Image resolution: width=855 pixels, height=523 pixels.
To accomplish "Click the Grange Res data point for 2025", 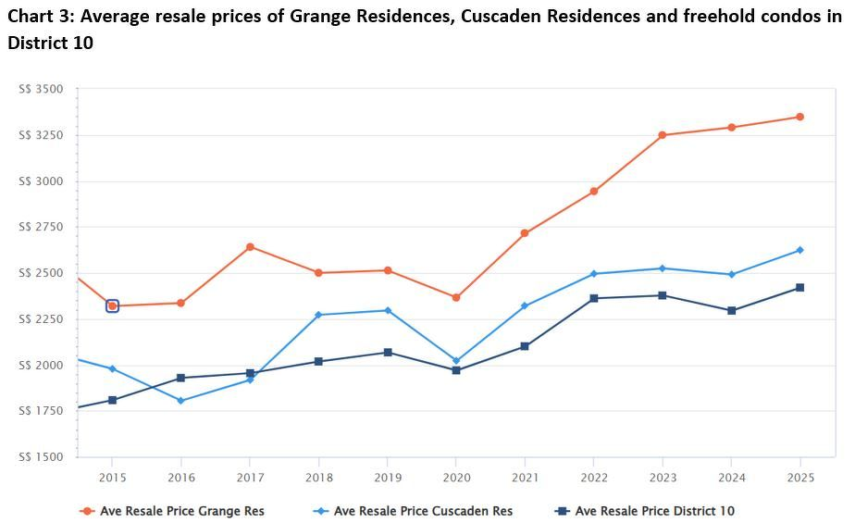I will pos(800,117).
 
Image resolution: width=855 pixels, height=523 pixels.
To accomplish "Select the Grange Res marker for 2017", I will pos(250,247).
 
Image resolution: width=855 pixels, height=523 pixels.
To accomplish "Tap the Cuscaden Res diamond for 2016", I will pos(181,401).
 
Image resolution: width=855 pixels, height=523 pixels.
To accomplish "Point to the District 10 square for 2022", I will pos(594,298).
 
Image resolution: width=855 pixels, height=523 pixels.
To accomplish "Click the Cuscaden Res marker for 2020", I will pos(456,361).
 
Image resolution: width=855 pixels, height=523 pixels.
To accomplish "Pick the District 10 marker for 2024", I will pos(731,311).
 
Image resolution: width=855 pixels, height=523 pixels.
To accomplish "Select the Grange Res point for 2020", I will pos(456,297).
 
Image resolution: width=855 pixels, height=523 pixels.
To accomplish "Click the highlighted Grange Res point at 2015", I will pos(112,305).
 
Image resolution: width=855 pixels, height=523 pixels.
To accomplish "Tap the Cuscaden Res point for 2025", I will pos(800,250).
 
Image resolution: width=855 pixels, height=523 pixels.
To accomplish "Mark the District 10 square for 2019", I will pos(388,353).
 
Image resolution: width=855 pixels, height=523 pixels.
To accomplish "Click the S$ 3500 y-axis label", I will pos(41,89).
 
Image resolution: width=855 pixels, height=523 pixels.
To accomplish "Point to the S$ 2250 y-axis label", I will pos(41,319).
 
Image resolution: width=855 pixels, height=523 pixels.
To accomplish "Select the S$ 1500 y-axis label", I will pos(41,457).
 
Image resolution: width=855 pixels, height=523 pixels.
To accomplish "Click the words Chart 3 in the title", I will pos(38,16).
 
